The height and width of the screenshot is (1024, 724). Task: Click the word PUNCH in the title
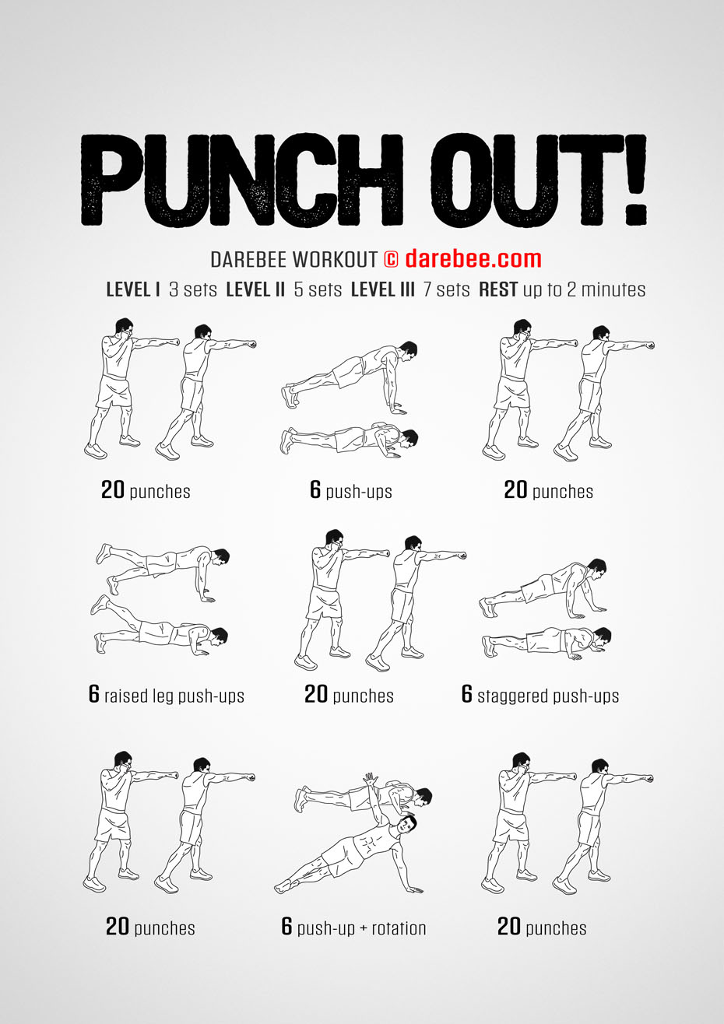point(242,180)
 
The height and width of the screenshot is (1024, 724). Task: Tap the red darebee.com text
point(473,259)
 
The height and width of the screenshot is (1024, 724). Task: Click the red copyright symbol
point(391,259)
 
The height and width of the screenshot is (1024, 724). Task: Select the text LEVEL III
point(383,289)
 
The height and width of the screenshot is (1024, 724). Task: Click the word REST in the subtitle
point(498,289)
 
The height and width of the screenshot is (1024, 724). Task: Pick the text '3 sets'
point(192,289)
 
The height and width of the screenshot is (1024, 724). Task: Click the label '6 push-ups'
point(351,489)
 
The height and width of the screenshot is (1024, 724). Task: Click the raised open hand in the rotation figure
point(370,779)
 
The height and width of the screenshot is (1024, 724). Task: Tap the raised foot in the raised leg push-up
point(104,552)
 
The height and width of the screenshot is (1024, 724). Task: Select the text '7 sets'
point(446,289)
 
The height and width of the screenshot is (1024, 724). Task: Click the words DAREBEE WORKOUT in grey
point(293,260)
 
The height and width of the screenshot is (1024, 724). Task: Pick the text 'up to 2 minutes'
point(584,289)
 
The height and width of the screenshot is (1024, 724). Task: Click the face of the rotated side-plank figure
point(407,824)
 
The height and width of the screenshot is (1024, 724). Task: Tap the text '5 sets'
point(318,289)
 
